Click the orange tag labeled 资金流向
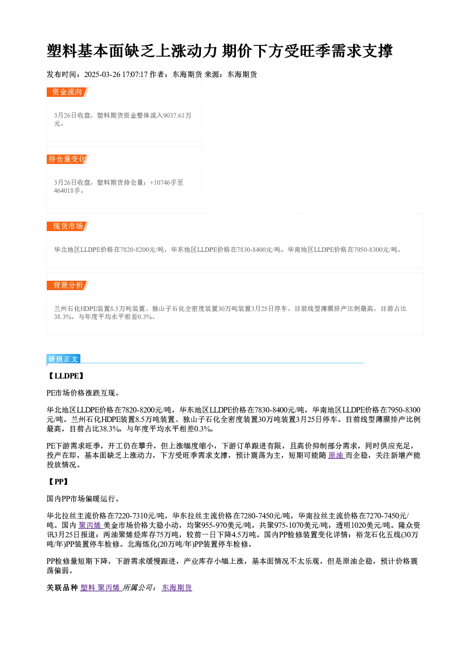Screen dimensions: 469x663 click(68, 92)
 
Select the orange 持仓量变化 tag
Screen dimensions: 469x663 click(68, 159)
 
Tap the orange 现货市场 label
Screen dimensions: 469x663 click(68, 226)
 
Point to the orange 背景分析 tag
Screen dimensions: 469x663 click(68, 285)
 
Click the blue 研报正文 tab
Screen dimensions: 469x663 click(63, 359)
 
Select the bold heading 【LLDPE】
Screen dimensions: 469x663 click(65, 376)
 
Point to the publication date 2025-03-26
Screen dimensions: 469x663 click(102, 74)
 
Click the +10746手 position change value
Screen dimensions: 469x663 click(163, 182)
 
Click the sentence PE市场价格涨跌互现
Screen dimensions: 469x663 click(83, 393)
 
